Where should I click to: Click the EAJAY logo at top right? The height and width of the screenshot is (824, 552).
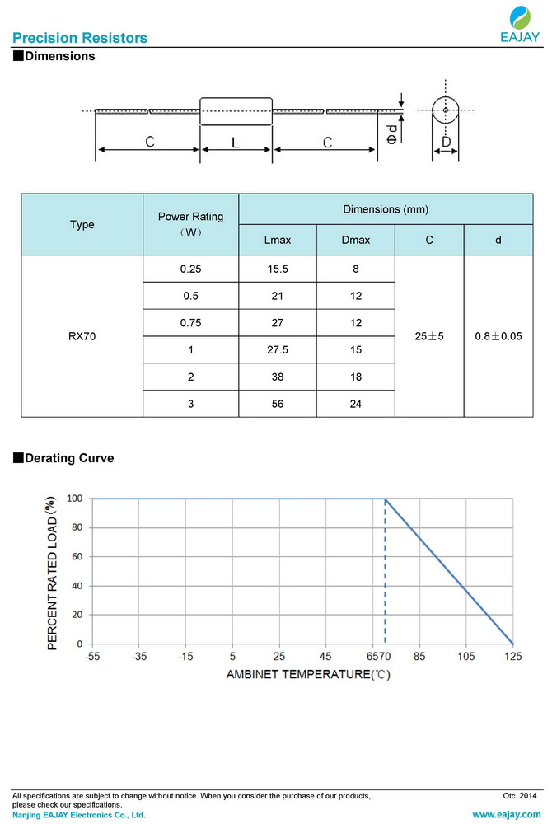click(x=520, y=24)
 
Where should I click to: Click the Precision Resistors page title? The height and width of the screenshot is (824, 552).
click(x=80, y=38)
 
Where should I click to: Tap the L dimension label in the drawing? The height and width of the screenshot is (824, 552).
click(x=236, y=143)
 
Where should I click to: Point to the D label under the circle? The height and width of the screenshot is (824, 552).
click(x=446, y=143)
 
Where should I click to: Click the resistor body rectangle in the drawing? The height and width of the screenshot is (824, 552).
click(x=236, y=111)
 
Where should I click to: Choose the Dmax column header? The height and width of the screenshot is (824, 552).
click(x=356, y=240)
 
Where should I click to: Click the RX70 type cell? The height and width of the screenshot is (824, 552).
click(x=82, y=336)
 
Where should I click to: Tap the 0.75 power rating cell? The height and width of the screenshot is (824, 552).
click(x=190, y=322)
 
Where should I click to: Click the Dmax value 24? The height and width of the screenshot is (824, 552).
click(x=356, y=403)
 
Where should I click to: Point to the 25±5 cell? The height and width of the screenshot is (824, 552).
click(x=430, y=336)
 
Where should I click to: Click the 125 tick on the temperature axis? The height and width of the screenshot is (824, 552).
click(x=513, y=657)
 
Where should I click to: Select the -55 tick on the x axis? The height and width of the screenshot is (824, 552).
click(x=91, y=657)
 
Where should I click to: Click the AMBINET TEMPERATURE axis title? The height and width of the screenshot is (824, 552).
click(x=307, y=674)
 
